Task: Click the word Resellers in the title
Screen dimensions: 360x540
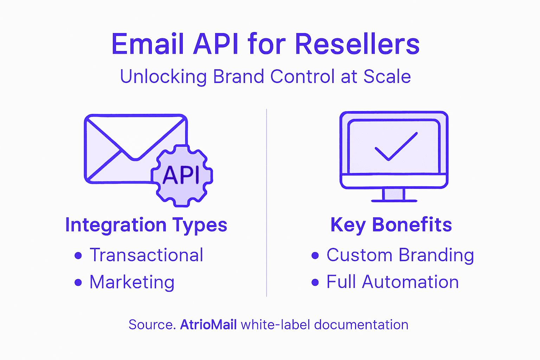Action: point(357,45)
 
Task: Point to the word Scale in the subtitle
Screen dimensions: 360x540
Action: point(387,77)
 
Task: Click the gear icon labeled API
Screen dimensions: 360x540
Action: point(182,175)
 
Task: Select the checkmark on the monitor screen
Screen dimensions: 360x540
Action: point(396,147)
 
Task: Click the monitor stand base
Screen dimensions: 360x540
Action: point(394,200)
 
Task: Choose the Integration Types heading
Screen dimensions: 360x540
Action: point(146,225)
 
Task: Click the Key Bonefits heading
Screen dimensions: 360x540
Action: point(391,225)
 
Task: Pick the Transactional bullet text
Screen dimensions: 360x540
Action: point(146,255)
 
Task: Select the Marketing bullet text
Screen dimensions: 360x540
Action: point(132,282)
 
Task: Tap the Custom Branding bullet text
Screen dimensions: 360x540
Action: point(400,255)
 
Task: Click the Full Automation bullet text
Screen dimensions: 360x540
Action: point(392,282)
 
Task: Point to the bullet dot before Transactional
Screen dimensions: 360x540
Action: point(78,256)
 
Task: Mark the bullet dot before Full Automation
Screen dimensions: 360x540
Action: point(315,282)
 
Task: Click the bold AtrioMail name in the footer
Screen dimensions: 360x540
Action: point(208,324)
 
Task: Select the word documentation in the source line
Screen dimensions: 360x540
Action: point(361,324)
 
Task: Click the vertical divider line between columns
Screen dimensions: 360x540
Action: point(266,204)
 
